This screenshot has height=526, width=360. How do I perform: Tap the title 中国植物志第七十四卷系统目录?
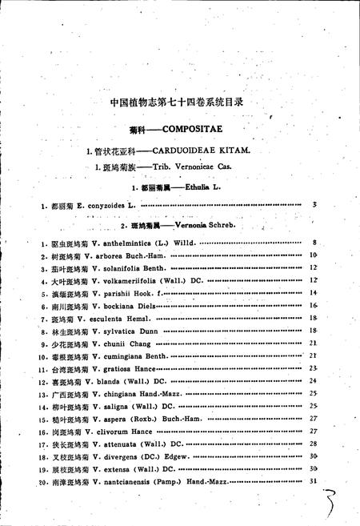[180, 102]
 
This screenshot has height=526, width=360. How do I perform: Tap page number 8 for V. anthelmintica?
[315, 243]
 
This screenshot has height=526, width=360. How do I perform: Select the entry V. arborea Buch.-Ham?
[129, 255]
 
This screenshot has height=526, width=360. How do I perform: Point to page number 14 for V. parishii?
[313, 293]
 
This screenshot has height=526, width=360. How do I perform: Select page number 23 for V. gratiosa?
[313, 368]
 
